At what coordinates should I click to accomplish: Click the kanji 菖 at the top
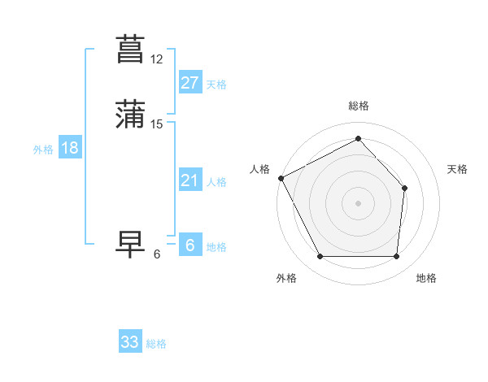[131, 48]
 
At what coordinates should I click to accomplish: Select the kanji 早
[131, 245]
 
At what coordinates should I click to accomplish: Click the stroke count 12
[157, 59]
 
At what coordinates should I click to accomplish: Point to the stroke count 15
[157, 124]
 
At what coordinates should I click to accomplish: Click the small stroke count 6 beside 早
[157, 254]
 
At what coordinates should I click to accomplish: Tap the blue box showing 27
[190, 82]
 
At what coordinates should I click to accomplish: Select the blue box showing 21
[190, 180]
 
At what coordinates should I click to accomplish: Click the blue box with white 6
[190, 245]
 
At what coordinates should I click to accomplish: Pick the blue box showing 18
[70, 148]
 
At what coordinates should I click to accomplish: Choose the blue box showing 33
[130, 342]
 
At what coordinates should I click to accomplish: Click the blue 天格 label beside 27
[216, 84]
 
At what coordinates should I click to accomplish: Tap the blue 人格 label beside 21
[216, 182]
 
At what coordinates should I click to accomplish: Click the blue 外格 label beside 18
[43, 150]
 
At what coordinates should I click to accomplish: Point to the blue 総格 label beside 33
[157, 344]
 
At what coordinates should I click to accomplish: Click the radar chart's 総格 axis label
[358, 106]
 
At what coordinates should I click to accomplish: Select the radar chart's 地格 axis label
[426, 278]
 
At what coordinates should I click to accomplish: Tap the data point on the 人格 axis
[281, 178]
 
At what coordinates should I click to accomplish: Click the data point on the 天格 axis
[405, 188]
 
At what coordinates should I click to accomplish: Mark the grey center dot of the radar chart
[358, 202]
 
